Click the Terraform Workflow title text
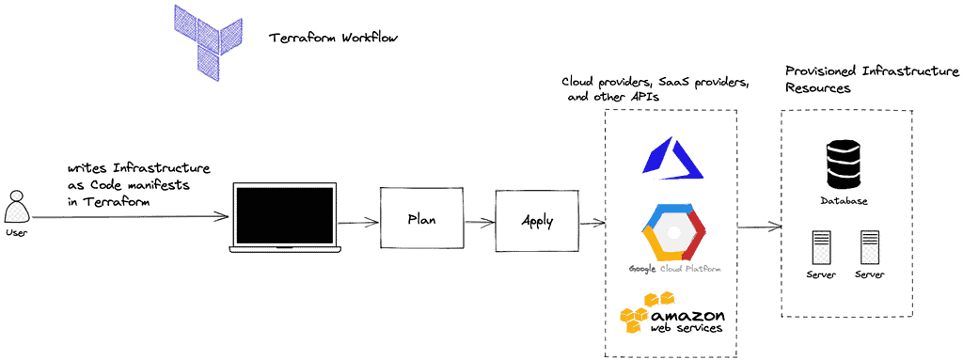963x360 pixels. coord(334,39)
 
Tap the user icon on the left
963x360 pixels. coord(16,205)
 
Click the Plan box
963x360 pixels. coord(420,219)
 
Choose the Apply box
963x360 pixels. coord(537,221)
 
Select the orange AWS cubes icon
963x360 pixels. coord(643,314)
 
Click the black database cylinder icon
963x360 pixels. coord(843,164)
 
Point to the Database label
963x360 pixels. coord(843,201)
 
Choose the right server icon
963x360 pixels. coord(868,248)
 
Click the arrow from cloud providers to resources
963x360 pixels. coord(760,227)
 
